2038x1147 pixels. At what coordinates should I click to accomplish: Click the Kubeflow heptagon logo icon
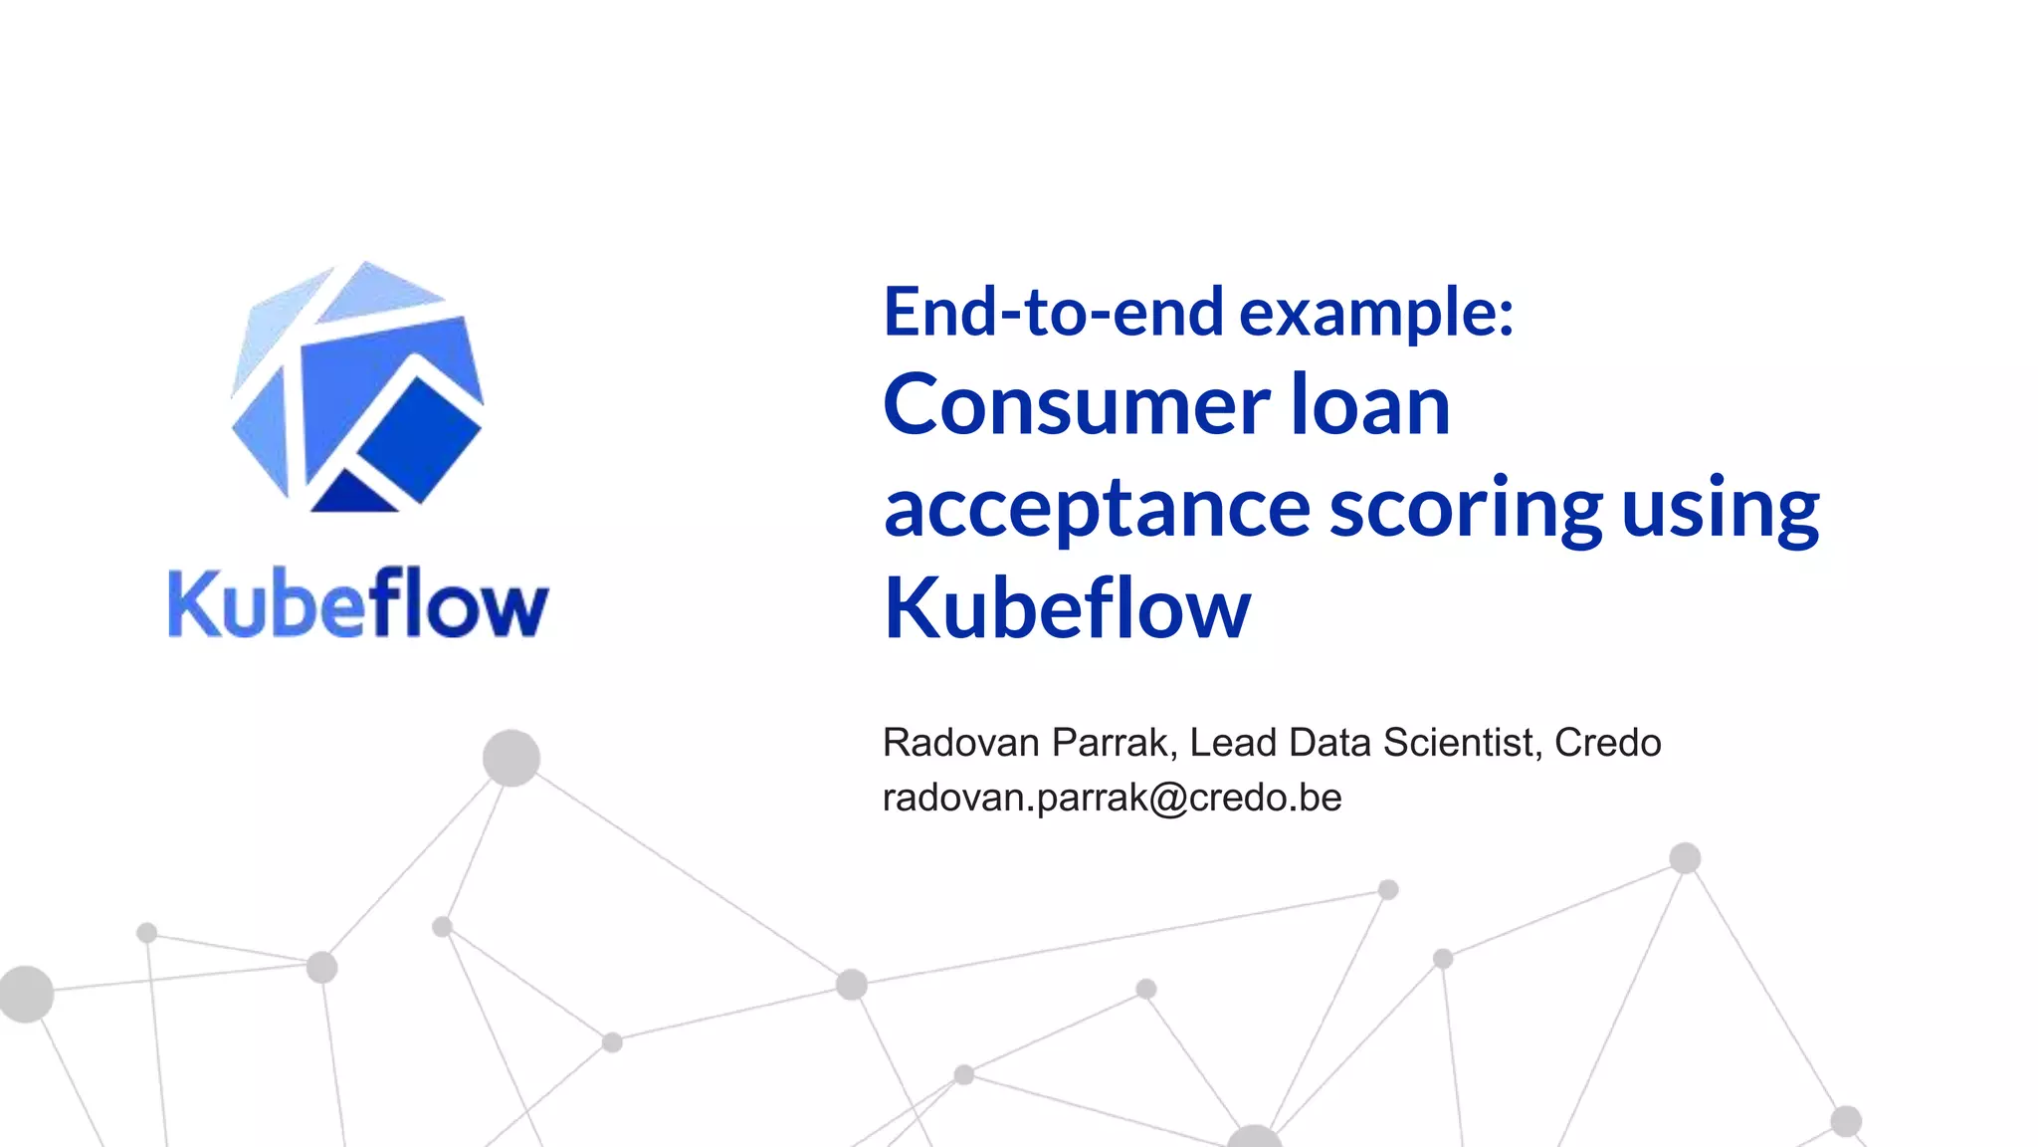point(357,388)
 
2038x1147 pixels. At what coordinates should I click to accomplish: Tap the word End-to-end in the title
point(1053,312)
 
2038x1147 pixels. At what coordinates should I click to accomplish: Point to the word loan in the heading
point(1370,405)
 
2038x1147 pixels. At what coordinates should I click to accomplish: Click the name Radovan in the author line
point(960,743)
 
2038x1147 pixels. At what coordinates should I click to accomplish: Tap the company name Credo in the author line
point(1608,743)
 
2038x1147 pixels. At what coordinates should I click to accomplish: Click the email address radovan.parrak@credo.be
point(1112,798)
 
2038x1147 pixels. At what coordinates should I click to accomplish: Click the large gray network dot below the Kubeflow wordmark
point(511,758)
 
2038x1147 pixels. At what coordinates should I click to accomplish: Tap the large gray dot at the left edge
point(25,993)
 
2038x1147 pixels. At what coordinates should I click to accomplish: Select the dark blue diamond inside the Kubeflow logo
point(419,439)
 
